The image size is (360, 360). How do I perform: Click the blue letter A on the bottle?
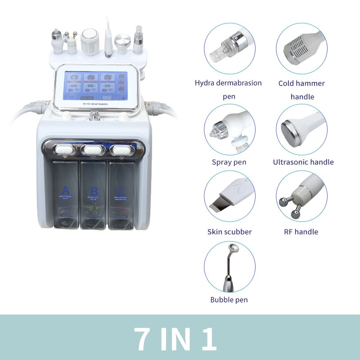coord(66,190)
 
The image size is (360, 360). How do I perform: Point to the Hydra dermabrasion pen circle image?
coord(229,49)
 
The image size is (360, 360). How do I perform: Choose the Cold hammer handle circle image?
coord(301,49)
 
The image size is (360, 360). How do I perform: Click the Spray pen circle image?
coord(229,130)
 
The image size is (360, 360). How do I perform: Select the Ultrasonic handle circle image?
coord(301,130)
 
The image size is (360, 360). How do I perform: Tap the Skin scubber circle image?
coord(229,196)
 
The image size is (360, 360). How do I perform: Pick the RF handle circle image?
coord(301,196)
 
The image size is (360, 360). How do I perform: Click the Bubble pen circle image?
coord(229,266)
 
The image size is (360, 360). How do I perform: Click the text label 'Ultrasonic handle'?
coord(303,162)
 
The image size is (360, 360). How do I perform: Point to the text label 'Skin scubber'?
coord(229,232)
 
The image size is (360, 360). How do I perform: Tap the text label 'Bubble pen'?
coord(229,300)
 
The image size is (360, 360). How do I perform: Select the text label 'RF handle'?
coord(301,232)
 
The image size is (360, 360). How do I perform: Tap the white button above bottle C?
coord(121,148)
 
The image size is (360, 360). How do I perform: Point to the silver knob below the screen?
coord(94,116)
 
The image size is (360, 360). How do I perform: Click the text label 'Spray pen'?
coord(229,162)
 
